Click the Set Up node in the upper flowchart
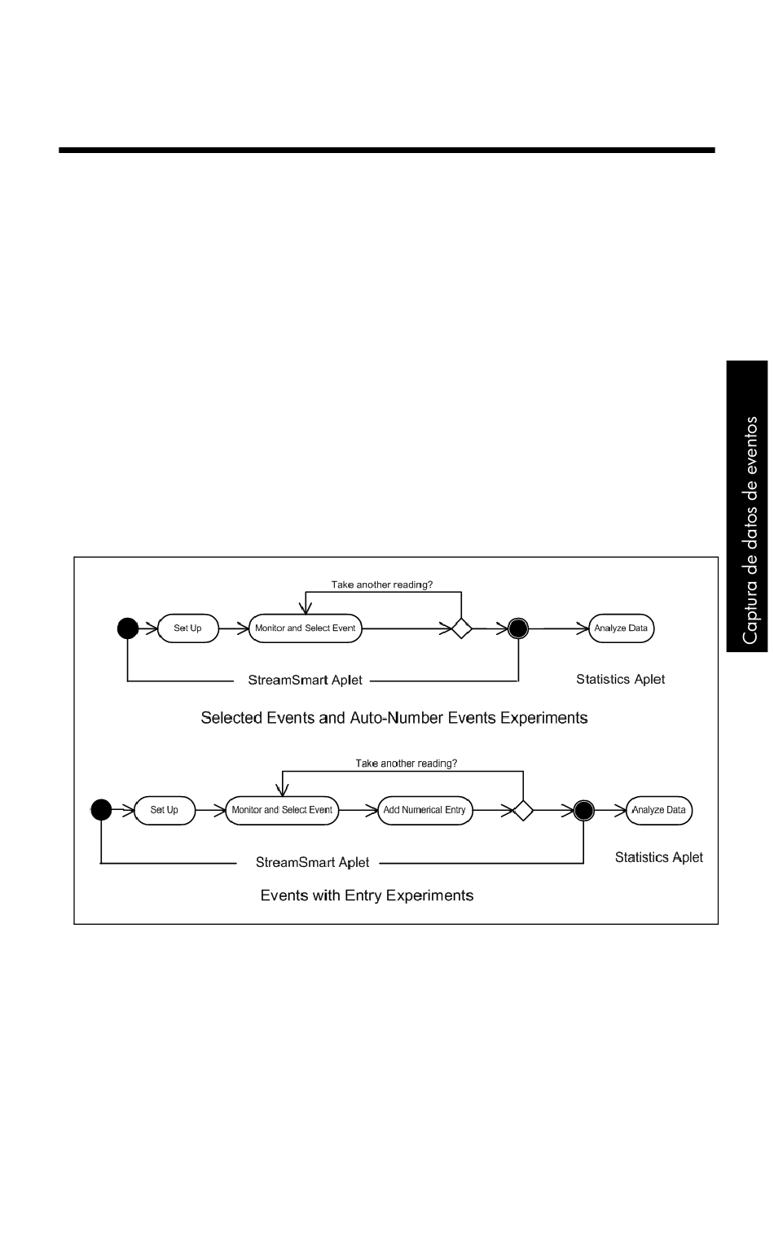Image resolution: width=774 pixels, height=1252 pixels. tap(188, 628)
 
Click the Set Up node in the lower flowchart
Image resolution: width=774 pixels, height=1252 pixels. tap(165, 810)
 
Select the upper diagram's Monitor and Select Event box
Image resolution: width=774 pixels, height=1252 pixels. tap(306, 628)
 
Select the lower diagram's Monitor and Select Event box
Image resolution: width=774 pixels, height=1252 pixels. tap(282, 810)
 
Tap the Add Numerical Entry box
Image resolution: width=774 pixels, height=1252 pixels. tap(425, 810)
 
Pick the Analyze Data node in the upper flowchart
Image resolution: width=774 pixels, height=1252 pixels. tap(622, 628)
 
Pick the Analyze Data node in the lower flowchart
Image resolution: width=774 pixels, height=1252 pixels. tap(659, 810)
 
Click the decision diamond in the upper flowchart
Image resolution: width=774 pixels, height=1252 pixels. tap(461, 628)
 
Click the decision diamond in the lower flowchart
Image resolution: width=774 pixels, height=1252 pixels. tap(523, 811)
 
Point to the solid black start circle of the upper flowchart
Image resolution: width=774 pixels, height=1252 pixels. tap(128, 628)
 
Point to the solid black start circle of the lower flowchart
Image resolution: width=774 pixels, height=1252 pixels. tap(101, 809)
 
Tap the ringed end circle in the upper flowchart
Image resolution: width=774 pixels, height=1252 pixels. tap(518, 628)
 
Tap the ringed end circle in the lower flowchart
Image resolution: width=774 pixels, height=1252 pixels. tap(584, 811)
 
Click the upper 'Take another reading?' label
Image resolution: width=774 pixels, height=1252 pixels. tap(382, 584)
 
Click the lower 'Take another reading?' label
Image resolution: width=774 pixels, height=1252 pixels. tap(407, 764)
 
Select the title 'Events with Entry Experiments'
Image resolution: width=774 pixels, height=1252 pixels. tap(367, 895)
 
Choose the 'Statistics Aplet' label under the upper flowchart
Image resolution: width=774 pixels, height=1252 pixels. tap(621, 679)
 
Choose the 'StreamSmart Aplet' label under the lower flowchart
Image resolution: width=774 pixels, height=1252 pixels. tap(313, 862)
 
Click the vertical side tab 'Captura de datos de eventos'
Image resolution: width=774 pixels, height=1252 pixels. tap(748, 506)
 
